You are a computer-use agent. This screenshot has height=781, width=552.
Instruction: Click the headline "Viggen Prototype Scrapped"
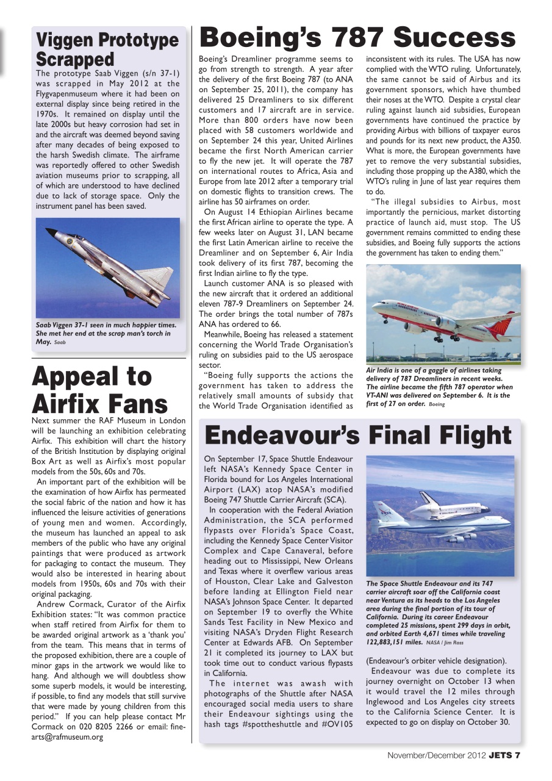[x=107, y=50]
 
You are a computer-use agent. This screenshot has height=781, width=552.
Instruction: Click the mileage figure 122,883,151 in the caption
[x=390, y=642]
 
